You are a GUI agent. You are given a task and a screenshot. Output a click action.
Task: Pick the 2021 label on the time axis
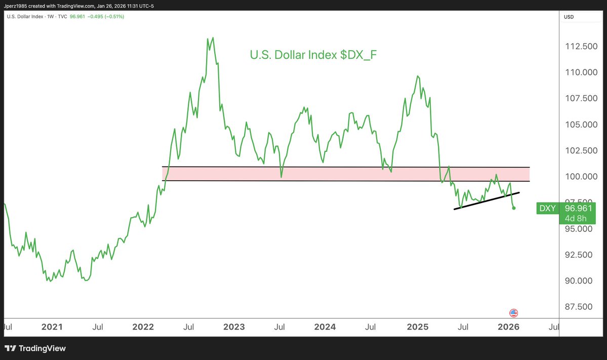coord(52,327)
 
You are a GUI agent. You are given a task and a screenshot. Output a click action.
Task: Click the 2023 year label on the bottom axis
coord(234,327)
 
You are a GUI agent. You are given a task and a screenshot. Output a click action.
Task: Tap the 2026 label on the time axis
coord(509,327)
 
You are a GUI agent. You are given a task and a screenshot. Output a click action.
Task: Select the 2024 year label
coord(325,327)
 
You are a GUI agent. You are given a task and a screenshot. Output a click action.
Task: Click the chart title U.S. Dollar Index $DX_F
coord(313,55)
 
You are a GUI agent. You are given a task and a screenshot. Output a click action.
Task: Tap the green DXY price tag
coord(547,208)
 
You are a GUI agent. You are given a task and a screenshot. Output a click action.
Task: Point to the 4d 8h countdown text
coord(576,218)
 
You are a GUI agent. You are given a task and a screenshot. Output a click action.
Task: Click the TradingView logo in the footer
coord(35,348)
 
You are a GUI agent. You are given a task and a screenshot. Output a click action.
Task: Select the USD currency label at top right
coord(569,17)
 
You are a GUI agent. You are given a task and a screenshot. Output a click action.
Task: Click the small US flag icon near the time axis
coord(513,313)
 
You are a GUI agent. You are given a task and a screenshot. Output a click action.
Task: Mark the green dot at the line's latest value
coord(514,208)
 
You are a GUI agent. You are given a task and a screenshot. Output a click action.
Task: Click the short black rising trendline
coord(487,201)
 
